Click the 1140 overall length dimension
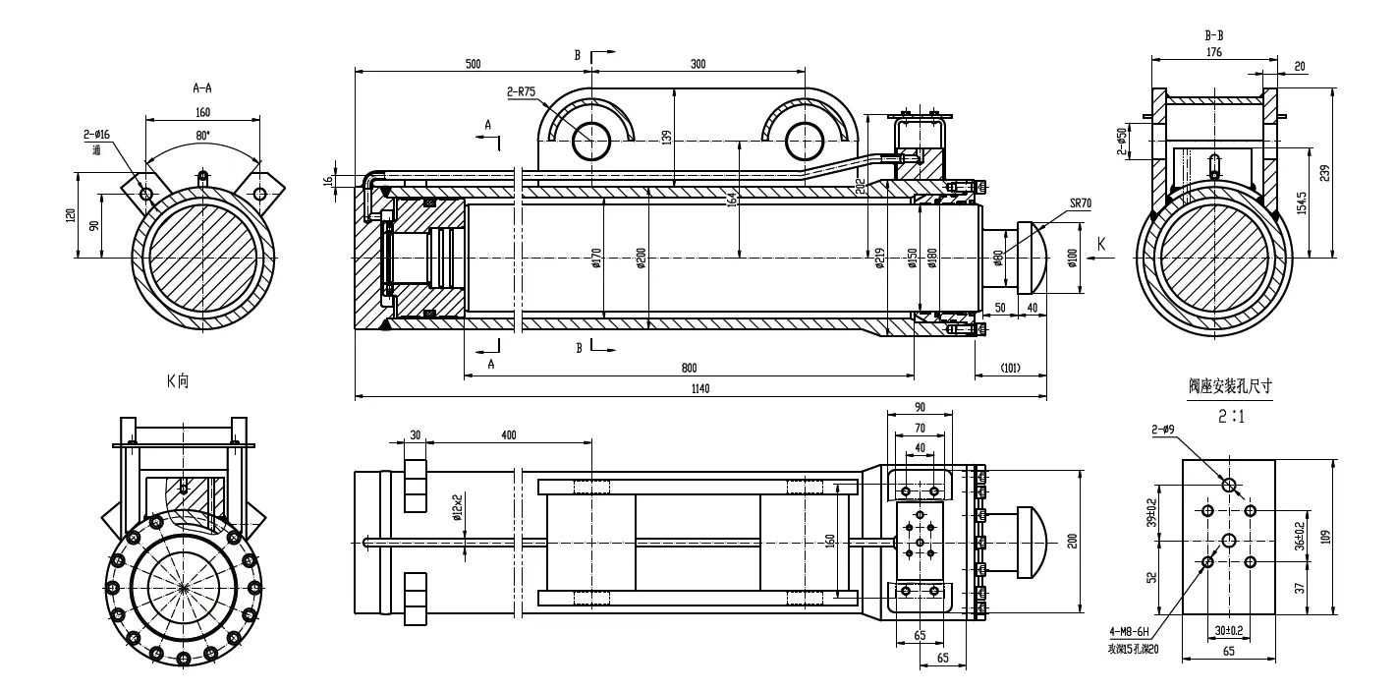pos(699,389)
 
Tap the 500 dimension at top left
pos(473,64)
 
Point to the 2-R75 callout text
pos(521,92)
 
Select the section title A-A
pos(203,87)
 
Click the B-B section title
pos(1213,35)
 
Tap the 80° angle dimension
pos(203,136)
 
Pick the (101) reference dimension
pos(1010,369)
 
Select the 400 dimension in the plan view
pos(508,433)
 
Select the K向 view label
pos(178,380)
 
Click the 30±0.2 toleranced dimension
pos(1228,630)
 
